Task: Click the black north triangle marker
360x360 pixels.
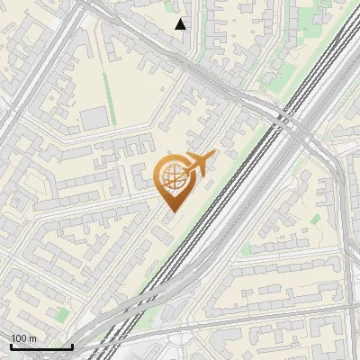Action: point(181,24)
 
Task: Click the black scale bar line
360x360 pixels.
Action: point(41,346)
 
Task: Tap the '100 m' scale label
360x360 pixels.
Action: point(23,338)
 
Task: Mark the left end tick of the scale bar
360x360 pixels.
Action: point(11,345)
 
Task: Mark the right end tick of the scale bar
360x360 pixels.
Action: point(72,345)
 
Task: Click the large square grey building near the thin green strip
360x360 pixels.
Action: point(94,118)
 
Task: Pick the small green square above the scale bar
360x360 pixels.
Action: point(61,314)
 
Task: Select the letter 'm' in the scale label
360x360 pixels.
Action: point(31,338)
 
